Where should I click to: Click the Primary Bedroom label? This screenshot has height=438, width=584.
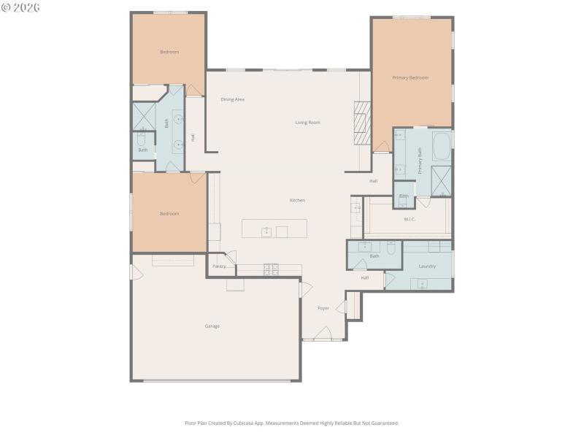click(x=410, y=77)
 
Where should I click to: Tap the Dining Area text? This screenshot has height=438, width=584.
click(x=232, y=99)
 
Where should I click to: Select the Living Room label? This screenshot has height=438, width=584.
click(x=307, y=123)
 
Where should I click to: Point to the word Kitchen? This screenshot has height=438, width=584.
click(x=297, y=200)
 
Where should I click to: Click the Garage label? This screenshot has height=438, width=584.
click(x=212, y=326)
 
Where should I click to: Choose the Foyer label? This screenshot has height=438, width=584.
click(x=323, y=309)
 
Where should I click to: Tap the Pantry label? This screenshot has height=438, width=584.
click(x=219, y=266)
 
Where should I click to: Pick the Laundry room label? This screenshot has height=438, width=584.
click(x=427, y=266)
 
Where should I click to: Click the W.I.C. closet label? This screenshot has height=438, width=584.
click(x=410, y=219)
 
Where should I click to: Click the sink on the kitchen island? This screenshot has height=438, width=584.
click(x=267, y=232)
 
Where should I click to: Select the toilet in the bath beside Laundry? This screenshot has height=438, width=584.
click(x=391, y=248)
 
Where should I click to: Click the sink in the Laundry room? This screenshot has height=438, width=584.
click(x=422, y=284)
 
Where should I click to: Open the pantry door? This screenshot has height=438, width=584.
click(x=229, y=258)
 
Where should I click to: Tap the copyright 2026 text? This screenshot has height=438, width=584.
click(x=21, y=7)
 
